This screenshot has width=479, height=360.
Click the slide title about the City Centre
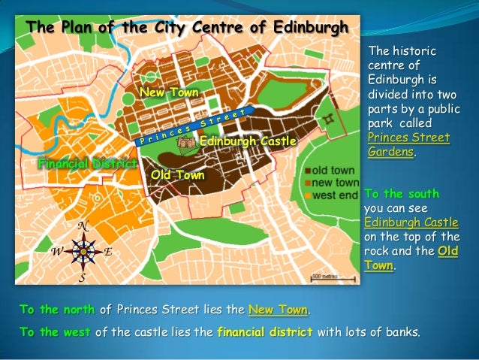(x=187, y=28)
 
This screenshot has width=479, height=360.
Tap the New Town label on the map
(x=170, y=92)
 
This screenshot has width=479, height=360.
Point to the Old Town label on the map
(x=177, y=175)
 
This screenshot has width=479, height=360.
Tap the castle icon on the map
(x=188, y=140)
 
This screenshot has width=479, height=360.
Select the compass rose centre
(x=84, y=251)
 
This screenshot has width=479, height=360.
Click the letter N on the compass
(x=85, y=226)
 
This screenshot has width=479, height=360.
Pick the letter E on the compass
(x=108, y=252)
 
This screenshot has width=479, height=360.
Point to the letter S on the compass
(x=83, y=277)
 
